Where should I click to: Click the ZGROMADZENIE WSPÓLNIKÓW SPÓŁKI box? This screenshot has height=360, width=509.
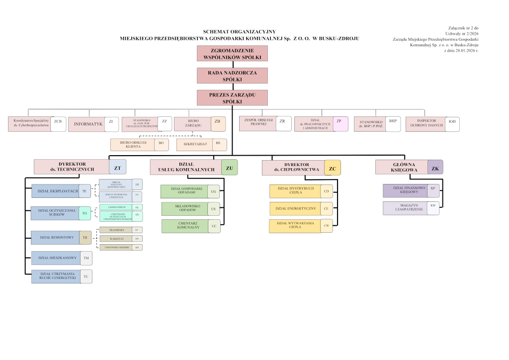pyautogui.click(x=232, y=53)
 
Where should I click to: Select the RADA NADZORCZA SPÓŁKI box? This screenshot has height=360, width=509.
pyautogui.click(x=232, y=76)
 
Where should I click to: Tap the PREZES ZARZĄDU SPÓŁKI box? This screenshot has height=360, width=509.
pyautogui.click(x=232, y=98)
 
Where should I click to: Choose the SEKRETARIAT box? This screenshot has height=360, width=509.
pyautogui.click(x=194, y=144)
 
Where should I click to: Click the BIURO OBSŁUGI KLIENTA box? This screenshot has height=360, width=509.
pyautogui.click(x=133, y=144)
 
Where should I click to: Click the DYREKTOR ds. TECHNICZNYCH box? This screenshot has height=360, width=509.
pyautogui.click(x=72, y=166)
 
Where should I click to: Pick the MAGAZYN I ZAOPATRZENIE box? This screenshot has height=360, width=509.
pyautogui.click(x=405, y=208)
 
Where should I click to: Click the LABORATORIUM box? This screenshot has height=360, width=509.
pyautogui.click(x=115, y=206)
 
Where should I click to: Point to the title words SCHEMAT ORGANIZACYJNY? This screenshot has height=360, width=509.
pyautogui.click(x=239, y=31)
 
